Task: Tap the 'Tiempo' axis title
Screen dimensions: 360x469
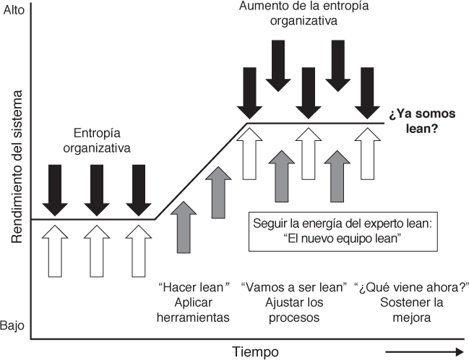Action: pyautogui.click(x=256, y=352)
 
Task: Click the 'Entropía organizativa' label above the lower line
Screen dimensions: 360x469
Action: pyautogui.click(x=102, y=142)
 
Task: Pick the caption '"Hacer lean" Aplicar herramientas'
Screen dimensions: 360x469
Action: pyautogui.click(x=194, y=301)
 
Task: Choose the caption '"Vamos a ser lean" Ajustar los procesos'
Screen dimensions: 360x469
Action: pyautogui.click(x=293, y=301)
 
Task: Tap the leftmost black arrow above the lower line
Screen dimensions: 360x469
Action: pyautogui.click(x=55, y=186)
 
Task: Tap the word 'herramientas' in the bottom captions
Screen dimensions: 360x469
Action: pyautogui.click(x=194, y=317)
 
